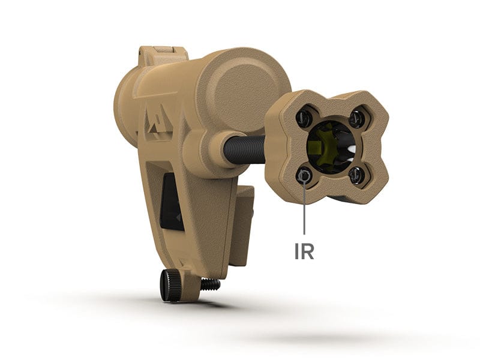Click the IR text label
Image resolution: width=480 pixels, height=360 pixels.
(x=304, y=251)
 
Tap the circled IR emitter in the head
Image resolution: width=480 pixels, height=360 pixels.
(x=305, y=176)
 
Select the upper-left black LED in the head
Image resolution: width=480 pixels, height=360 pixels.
(x=304, y=118)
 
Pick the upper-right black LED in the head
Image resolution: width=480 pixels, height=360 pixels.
(x=356, y=118)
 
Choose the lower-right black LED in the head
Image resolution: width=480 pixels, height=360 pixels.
(x=356, y=175)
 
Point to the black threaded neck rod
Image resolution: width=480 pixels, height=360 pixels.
(x=244, y=148)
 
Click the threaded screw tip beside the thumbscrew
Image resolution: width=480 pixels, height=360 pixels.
(x=210, y=284)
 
